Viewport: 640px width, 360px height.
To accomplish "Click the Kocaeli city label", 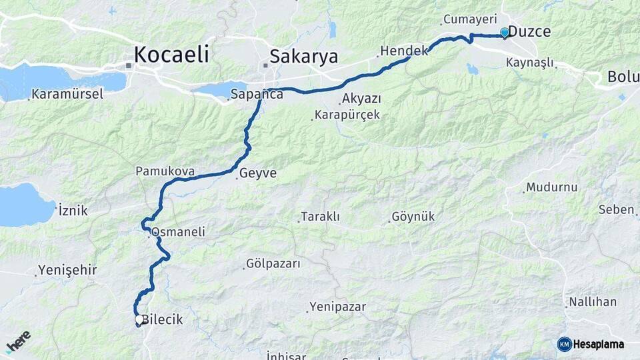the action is (x=171, y=55).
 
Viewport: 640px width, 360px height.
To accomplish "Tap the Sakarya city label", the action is (x=303, y=56).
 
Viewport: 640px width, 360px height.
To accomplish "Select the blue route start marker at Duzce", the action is (x=505, y=32).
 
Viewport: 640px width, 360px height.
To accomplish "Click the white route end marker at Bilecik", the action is (x=139, y=320).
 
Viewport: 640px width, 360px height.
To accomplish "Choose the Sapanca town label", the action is (x=257, y=94).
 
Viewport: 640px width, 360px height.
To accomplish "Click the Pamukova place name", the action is (x=165, y=171).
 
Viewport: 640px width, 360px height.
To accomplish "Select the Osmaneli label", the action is (x=178, y=232).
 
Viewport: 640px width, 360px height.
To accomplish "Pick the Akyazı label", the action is (x=361, y=99).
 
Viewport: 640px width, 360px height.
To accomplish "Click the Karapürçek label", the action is (x=347, y=115).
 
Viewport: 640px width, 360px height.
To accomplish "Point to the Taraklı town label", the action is (x=320, y=217).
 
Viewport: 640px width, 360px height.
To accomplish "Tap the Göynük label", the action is (x=413, y=217).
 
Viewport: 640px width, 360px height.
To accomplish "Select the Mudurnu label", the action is (x=551, y=187).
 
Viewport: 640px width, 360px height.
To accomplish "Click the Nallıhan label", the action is (x=592, y=302).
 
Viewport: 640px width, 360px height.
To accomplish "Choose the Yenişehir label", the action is (x=67, y=270).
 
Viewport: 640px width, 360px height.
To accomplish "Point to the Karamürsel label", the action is (x=67, y=94).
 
